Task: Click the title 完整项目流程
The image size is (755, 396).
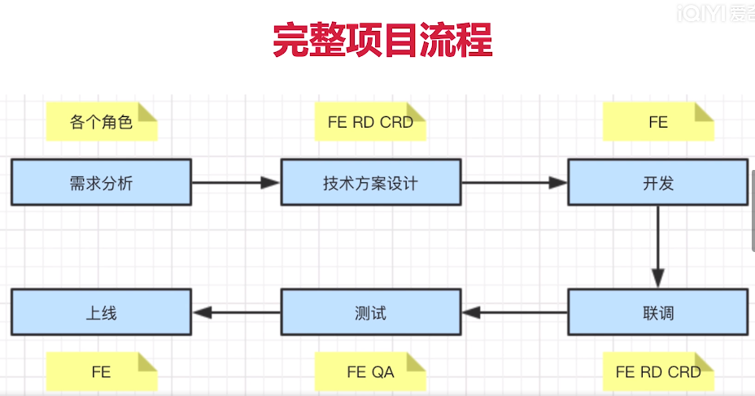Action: pos(382,40)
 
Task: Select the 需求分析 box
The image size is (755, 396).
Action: pos(102,182)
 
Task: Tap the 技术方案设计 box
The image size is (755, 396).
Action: pos(370,182)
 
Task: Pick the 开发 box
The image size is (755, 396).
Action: pos(657,182)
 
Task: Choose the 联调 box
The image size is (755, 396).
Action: pos(657,311)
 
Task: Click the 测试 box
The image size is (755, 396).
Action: pos(370,311)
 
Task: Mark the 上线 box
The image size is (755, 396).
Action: pos(102,311)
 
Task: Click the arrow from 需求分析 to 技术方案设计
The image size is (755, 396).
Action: pos(236,183)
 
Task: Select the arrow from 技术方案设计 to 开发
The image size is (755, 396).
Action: pos(513,183)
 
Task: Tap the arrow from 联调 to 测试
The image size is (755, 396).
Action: pos(513,311)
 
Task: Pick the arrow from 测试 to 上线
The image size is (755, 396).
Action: pos(236,311)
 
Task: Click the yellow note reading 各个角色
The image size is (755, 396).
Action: pos(101,122)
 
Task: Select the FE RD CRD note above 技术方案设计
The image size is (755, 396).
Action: pos(370,122)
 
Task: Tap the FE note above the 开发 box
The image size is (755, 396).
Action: pos(657,122)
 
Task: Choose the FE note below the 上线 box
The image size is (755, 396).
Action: pos(101,372)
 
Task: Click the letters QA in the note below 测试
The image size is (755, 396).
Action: pos(382,372)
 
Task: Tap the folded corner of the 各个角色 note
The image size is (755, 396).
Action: pos(149,111)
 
